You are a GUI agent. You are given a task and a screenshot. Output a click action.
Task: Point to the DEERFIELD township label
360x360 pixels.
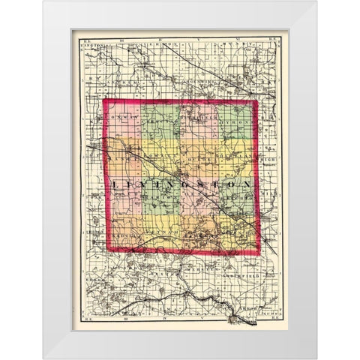pos(199,118)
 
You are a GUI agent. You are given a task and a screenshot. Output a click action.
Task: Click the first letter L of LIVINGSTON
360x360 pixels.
pos(115,184)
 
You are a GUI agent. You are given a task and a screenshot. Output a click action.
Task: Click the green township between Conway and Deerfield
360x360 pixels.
pos(159,121)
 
